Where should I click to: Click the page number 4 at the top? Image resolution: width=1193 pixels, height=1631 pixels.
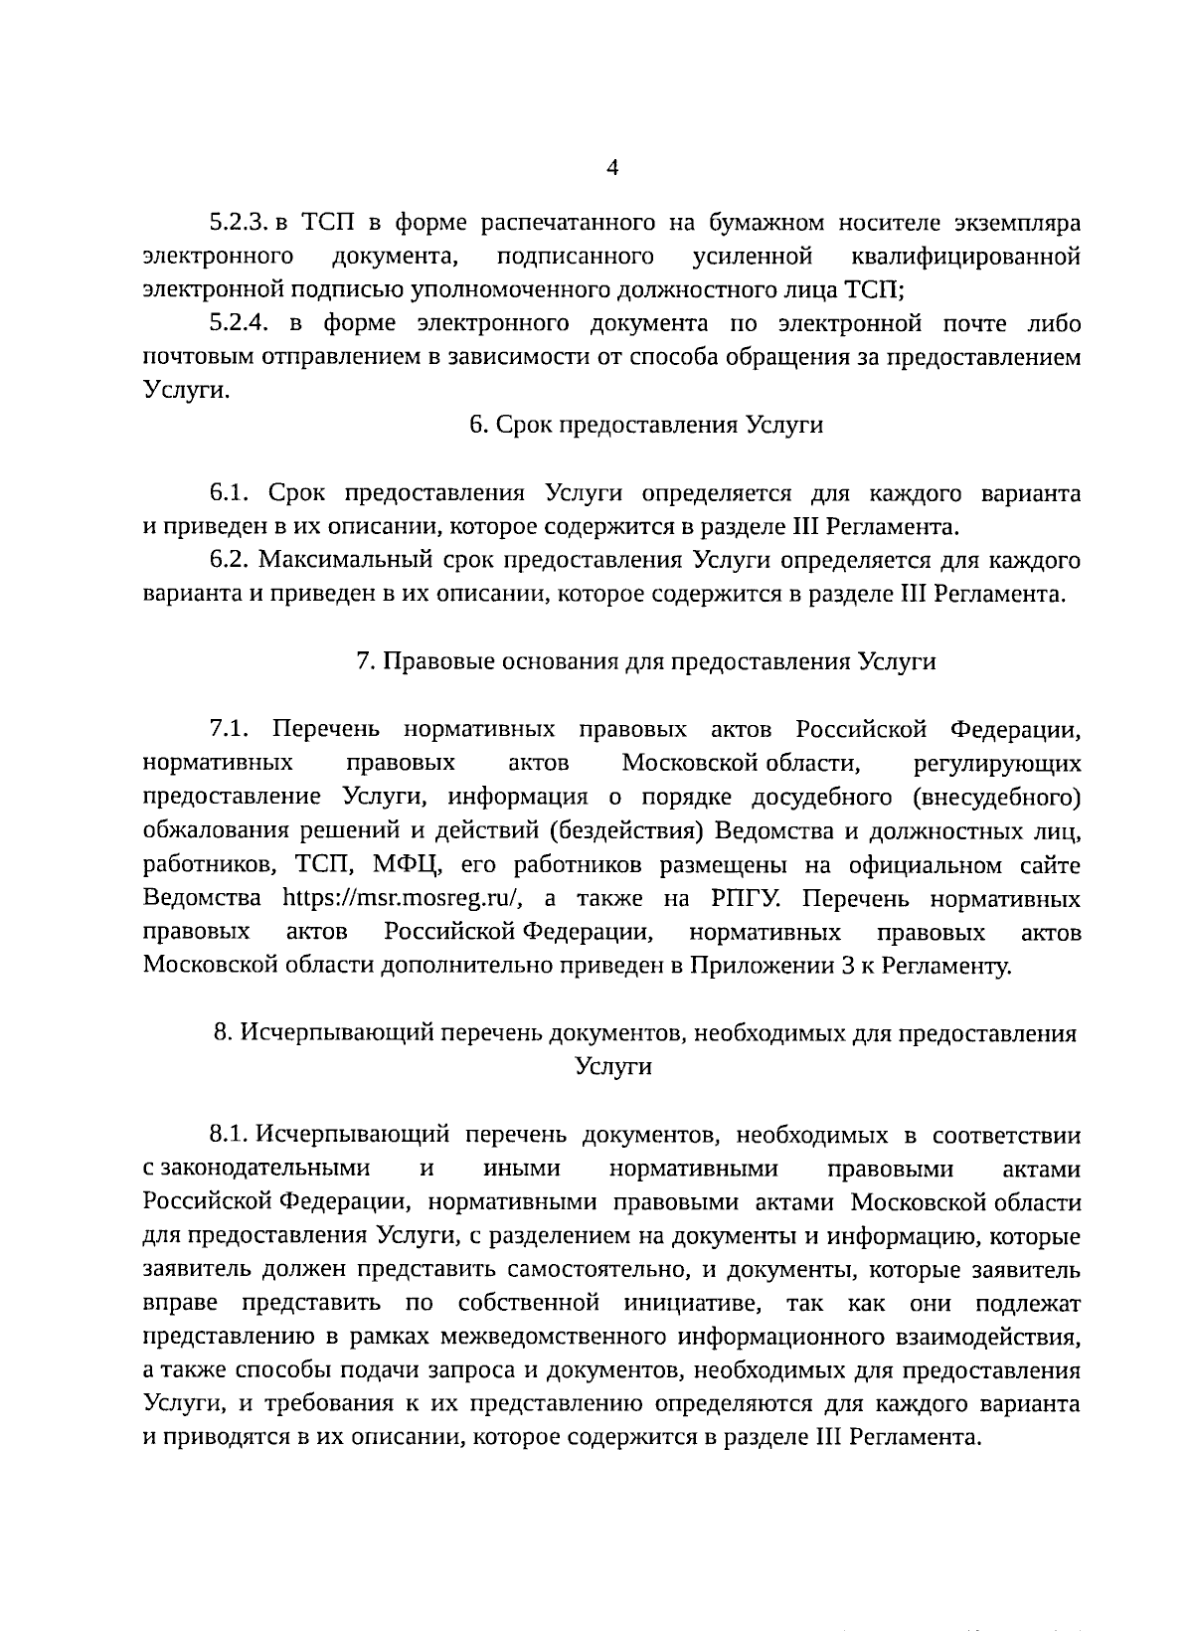click(x=611, y=168)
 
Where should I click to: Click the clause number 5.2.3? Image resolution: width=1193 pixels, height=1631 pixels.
click(x=238, y=222)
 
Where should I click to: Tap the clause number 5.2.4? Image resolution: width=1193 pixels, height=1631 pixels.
click(x=240, y=323)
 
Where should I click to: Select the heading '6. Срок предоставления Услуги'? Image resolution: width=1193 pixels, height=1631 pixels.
click(x=646, y=425)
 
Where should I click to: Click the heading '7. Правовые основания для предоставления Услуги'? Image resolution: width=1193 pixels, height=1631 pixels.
click(x=646, y=661)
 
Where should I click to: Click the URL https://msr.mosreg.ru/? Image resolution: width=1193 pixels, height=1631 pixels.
click(x=403, y=898)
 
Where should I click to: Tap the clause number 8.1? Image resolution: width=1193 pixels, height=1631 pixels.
click(x=228, y=1135)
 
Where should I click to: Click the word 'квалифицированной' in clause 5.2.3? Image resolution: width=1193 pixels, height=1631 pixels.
click(x=966, y=257)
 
